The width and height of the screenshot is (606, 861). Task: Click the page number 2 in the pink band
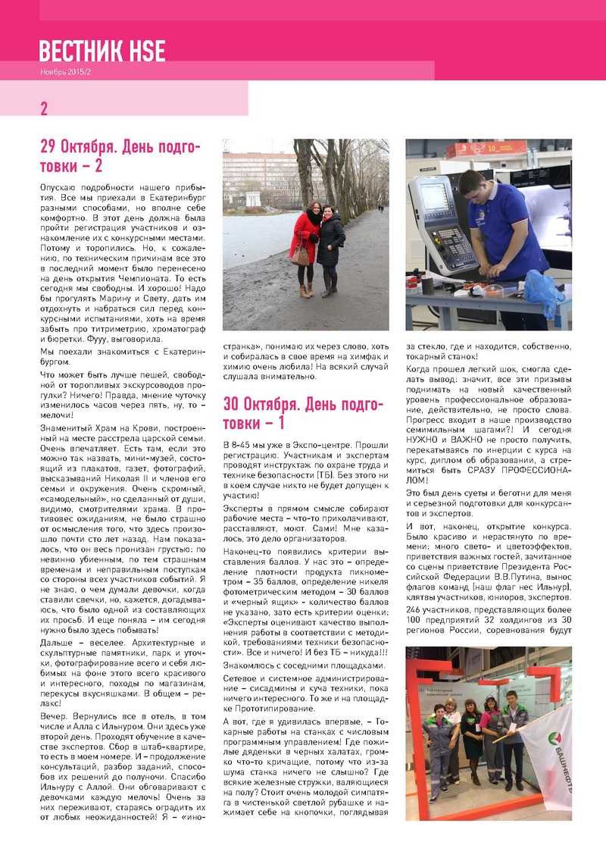point(44,109)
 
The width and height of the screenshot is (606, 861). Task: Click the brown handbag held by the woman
point(301,255)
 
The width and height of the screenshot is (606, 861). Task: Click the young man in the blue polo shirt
point(496,227)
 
